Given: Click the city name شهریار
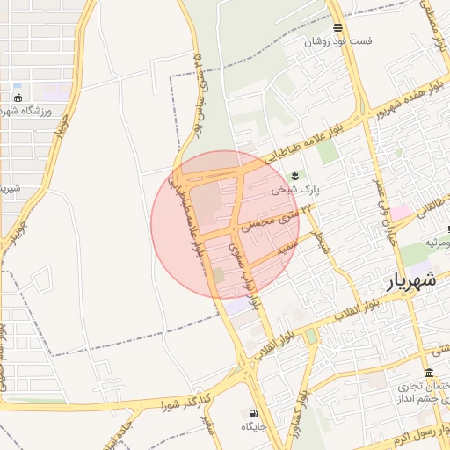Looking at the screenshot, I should point(410,283).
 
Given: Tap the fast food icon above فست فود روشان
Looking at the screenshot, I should point(337,28).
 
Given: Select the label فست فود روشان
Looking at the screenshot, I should point(338,41).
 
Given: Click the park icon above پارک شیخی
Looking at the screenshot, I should point(294,174).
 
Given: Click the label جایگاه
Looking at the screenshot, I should point(254,426).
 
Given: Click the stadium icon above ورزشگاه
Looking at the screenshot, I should point(18,97).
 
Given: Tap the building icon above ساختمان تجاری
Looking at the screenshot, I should point(428,373).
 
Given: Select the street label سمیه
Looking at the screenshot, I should point(283,250).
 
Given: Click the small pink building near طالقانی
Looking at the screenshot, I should point(400,213).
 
